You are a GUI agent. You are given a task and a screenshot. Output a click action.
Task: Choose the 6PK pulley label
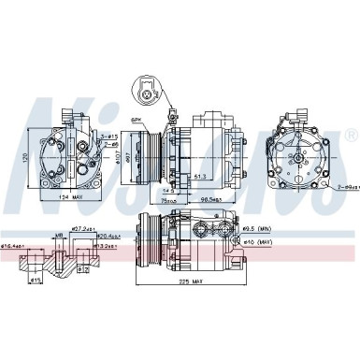coord(136,121)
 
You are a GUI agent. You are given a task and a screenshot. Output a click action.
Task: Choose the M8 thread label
coord(58,236)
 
